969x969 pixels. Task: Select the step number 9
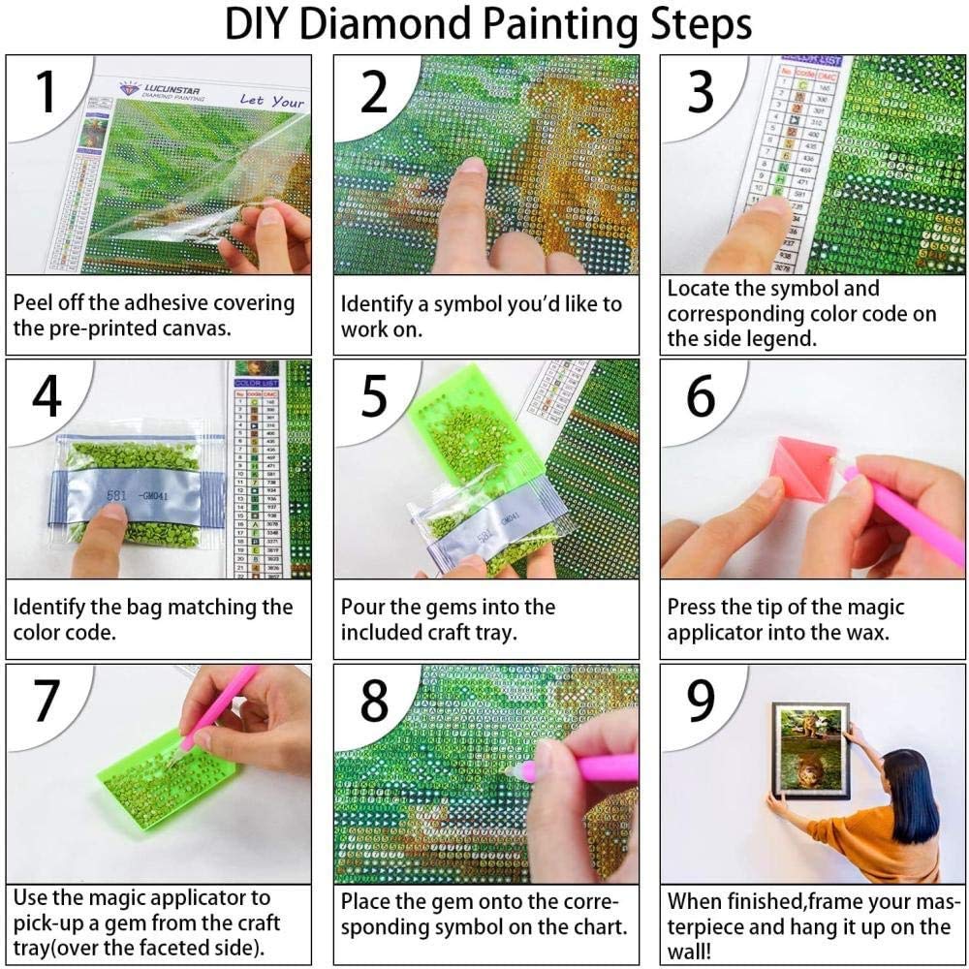[x=701, y=704]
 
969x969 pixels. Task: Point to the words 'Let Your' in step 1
[x=272, y=101]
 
